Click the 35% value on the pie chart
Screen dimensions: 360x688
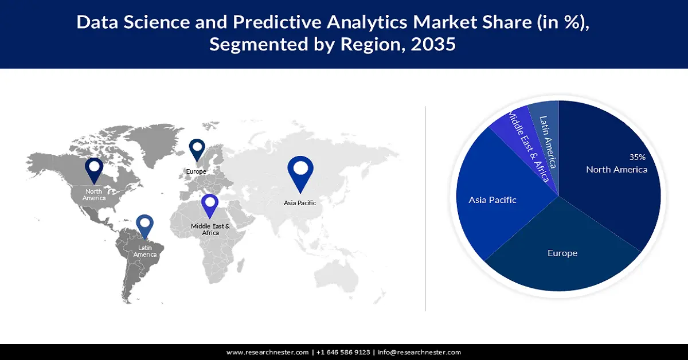[637, 156]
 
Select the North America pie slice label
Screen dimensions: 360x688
[616, 169]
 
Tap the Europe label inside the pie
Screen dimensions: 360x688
[562, 253]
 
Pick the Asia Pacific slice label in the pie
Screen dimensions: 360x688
[492, 200]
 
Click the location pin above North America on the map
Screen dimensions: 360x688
[93, 169]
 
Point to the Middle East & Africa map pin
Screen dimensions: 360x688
[210, 205]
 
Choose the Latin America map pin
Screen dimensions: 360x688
[144, 225]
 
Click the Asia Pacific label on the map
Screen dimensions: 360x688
[300, 203]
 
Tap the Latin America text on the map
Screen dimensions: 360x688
[145, 251]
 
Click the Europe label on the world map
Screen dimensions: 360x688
[196, 171]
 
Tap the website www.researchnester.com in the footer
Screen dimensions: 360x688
[267, 352]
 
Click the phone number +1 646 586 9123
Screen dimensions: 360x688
[343, 352]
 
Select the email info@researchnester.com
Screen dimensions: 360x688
[419, 352]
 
